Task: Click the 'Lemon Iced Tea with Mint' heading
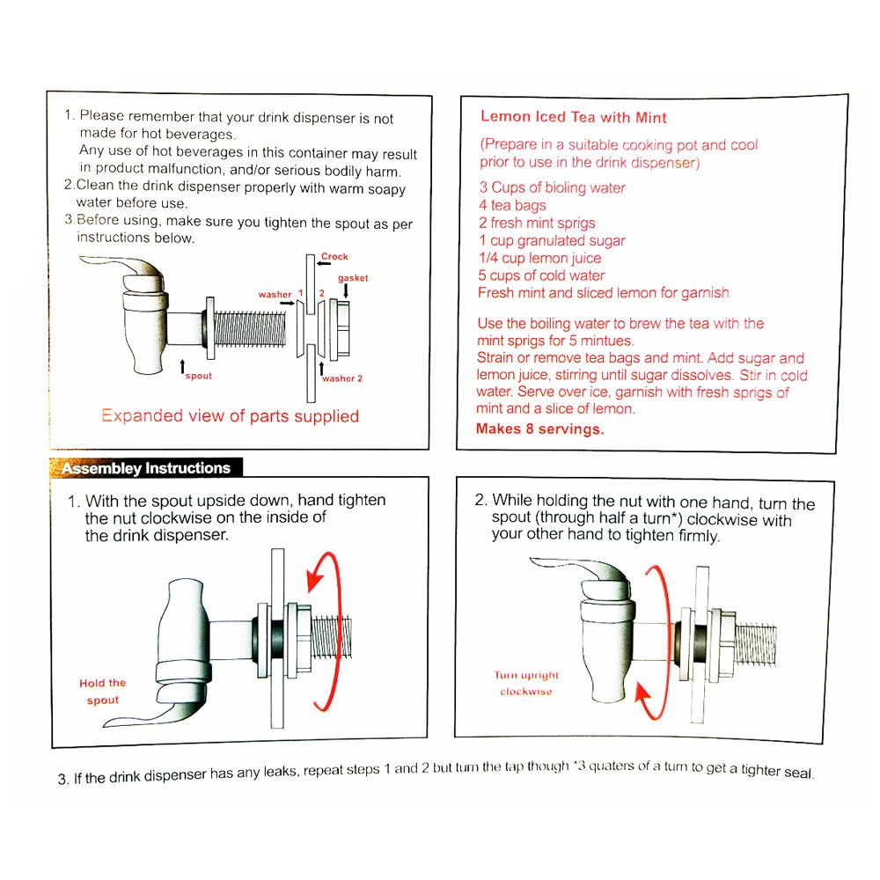click(x=574, y=117)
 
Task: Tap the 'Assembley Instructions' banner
click(x=146, y=468)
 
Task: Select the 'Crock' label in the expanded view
click(x=334, y=257)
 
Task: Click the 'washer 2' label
click(x=342, y=378)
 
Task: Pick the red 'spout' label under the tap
click(x=199, y=376)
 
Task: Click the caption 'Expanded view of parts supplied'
click(x=230, y=416)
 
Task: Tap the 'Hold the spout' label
click(x=103, y=691)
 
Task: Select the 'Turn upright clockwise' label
click(x=526, y=683)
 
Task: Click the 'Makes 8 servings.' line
click(x=539, y=429)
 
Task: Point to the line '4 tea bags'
click(x=513, y=205)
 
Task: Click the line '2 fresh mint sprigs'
click(x=537, y=223)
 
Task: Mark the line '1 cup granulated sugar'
click(x=552, y=240)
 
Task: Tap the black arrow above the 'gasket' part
click(x=345, y=290)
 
